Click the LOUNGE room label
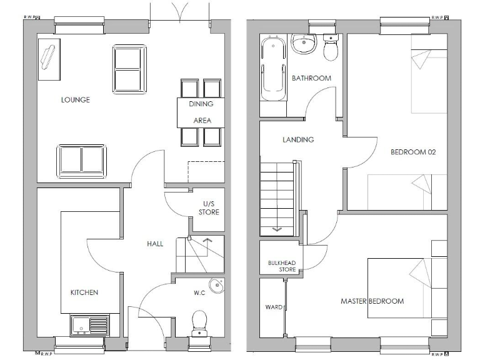click(x=75, y=100)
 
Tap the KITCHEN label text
click(x=84, y=292)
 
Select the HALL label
click(x=155, y=244)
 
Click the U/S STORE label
click(x=209, y=208)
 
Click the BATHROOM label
click(x=311, y=78)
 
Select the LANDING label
click(x=298, y=139)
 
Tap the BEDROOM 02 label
click(x=412, y=152)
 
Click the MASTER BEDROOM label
click(x=372, y=301)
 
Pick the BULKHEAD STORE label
click(x=279, y=266)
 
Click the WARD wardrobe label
click(x=274, y=307)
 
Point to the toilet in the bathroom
click(x=331, y=47)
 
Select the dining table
click(x=201, y=112)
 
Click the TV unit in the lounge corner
click(x=49, y=59)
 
